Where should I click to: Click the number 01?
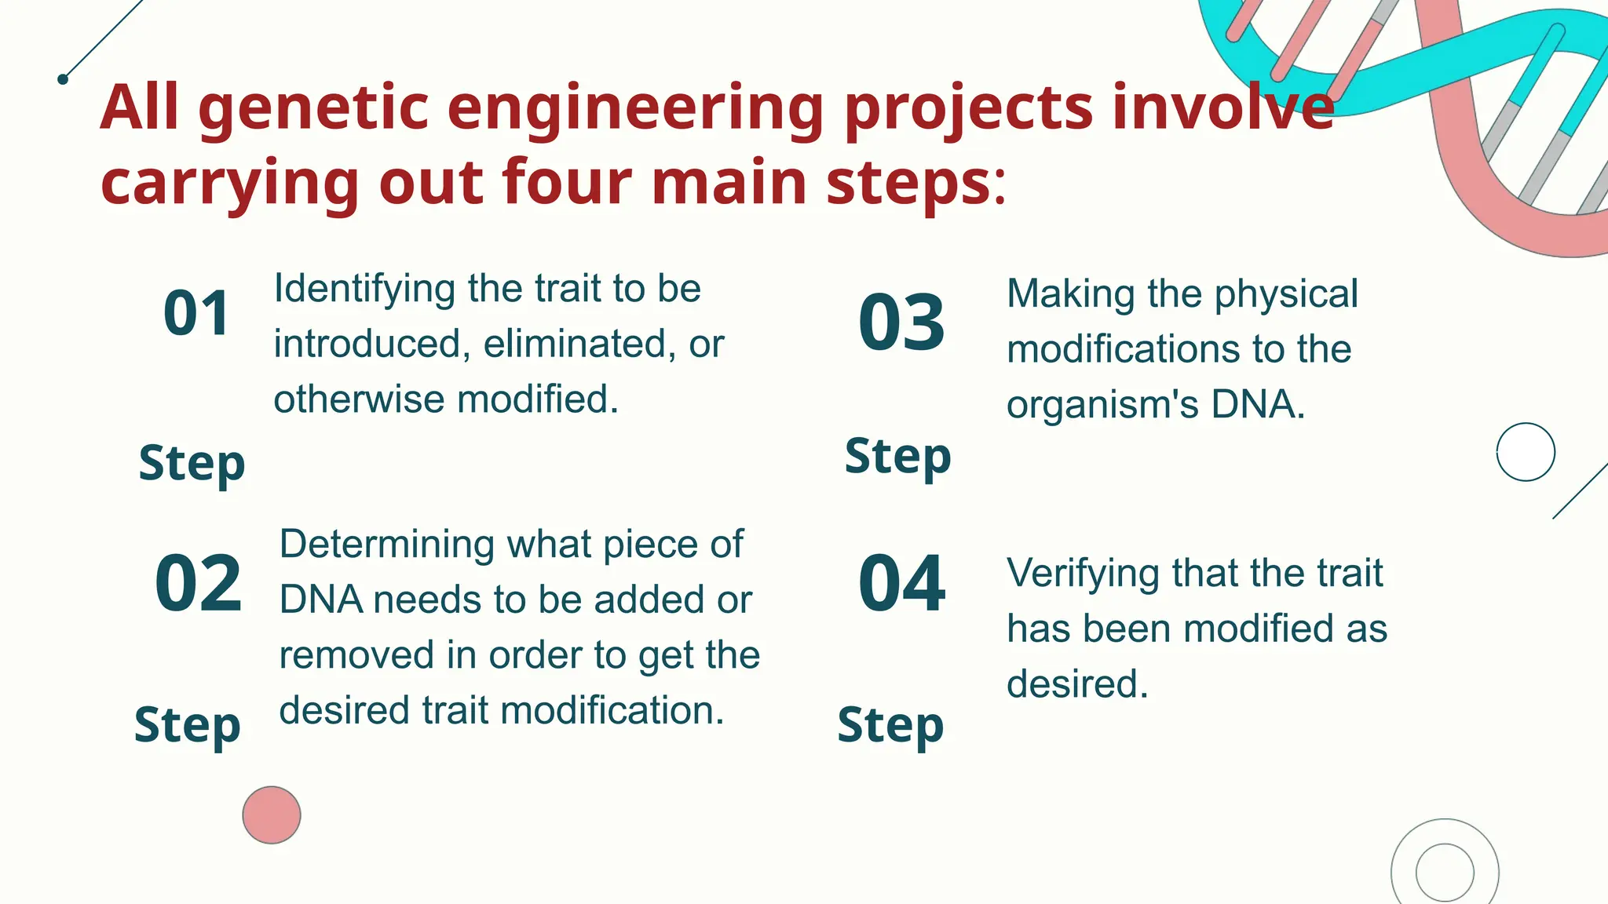pyautogui.click(x=196, y=314)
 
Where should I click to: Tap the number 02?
pyautogui.click(x=198, y=583)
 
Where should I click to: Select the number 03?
pyautogui.click(x=901, y=323)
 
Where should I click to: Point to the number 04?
pyautogui.click(x=901, y=583)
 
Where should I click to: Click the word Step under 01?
pyautogui.click(x=192, y=463)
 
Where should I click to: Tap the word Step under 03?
pyautogui.click(x=897, y=456)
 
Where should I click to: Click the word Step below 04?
pyautogui.click(x=890, y=724)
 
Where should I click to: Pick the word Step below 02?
pyautogui.click(x=187, y=724)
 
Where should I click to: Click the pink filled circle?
pyautogui.click(x=272, y=815)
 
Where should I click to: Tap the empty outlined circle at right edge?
pyautogui.click(x=1526, y=452)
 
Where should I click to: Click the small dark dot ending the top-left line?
pyautogui.click(x=63, y=79)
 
